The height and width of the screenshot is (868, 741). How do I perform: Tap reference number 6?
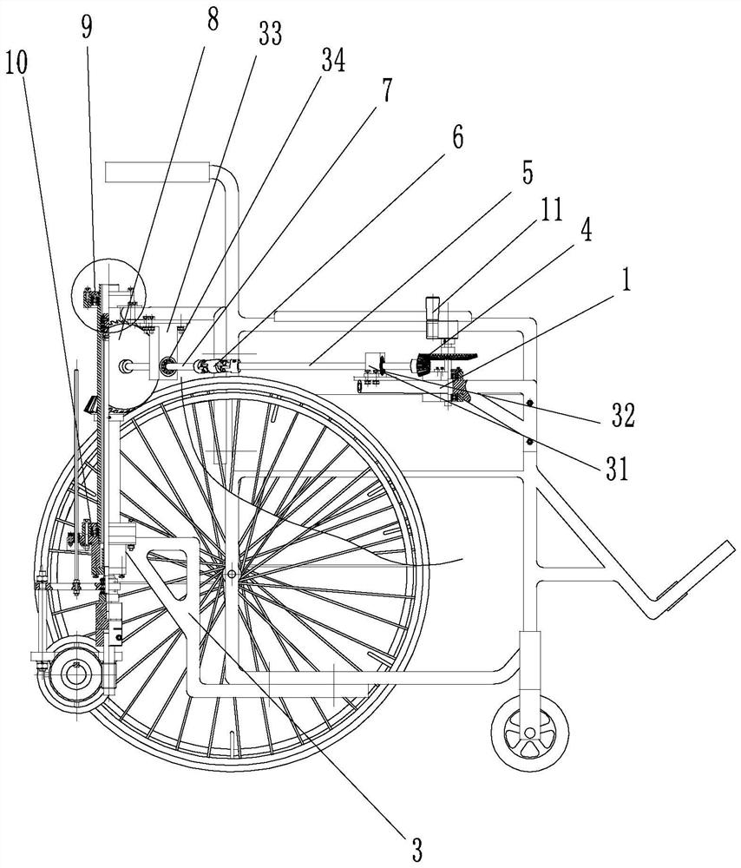pos(457,136)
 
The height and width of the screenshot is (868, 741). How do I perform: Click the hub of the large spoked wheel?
pos(232,574)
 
